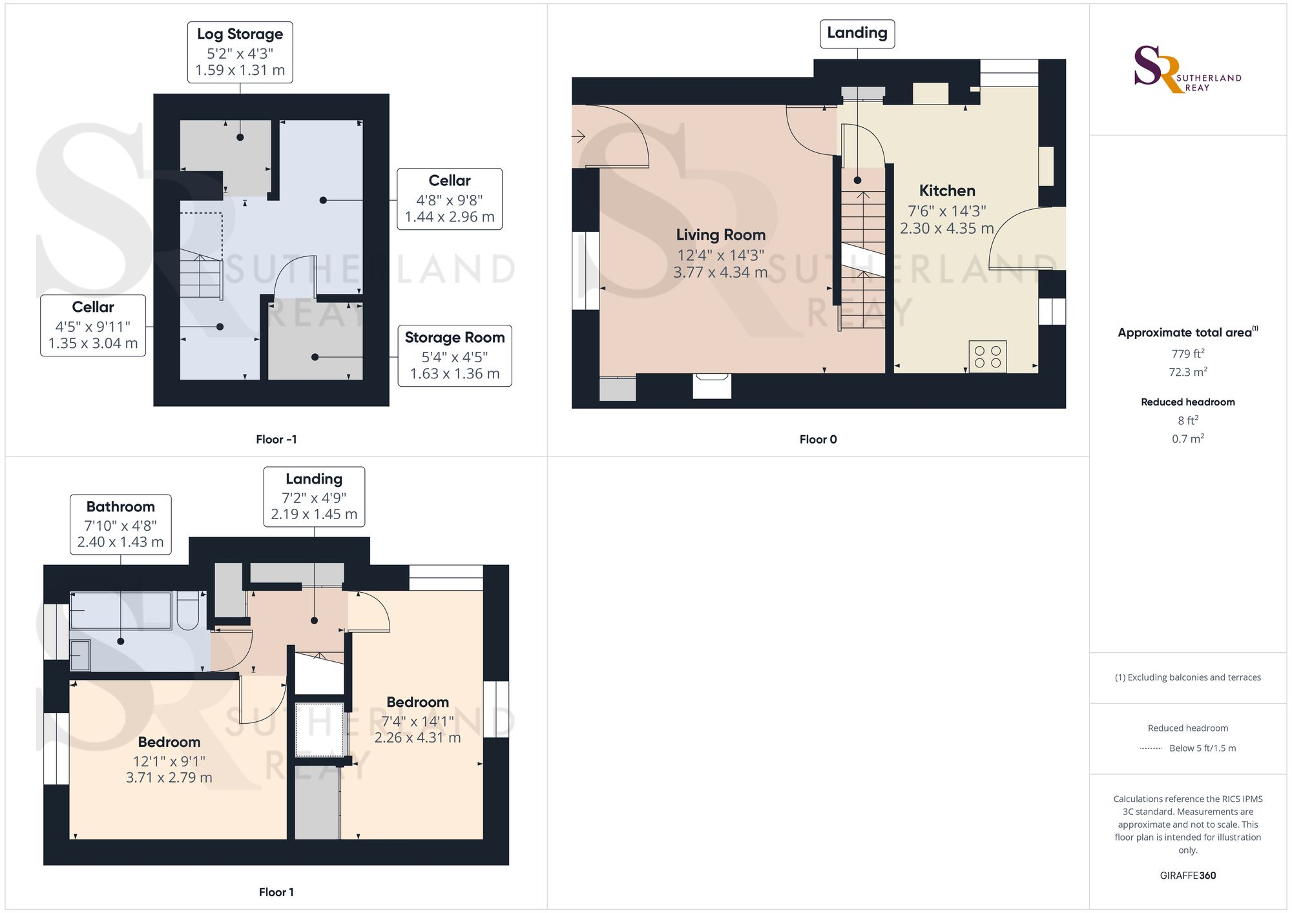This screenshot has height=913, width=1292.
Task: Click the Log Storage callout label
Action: [x=240, y=52]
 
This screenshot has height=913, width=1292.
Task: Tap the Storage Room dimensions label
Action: [x=454, y=356]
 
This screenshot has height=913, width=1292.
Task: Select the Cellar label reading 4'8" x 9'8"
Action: [x=449, y=199]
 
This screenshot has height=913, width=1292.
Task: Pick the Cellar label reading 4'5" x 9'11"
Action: [x=93, y=325]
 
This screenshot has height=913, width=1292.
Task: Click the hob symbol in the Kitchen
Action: [x=987, y=356]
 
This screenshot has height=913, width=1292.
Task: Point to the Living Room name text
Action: [x=720, y=235]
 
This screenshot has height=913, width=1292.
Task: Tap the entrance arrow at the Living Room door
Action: [x=578, y=136]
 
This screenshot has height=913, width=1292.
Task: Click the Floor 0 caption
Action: [x=818, y=440]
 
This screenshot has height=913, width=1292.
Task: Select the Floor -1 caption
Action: [x=276, y=440]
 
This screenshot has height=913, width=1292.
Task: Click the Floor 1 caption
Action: [x=276, y=892]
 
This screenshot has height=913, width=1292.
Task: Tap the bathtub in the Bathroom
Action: [x=121, y=610]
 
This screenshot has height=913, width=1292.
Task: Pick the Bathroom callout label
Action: [x=121, y=524]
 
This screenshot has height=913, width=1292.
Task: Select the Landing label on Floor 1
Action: [x=314, y=497]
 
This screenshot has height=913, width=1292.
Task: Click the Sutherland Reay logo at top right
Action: [x=1187, y=69]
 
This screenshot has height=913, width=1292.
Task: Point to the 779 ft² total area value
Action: [x=1187, y=354]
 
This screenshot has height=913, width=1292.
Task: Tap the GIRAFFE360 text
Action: [x=1187, y=876]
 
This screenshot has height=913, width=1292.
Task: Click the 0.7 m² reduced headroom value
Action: [x=1187, y=439]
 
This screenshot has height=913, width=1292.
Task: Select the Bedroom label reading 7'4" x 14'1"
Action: [x=417, y=720]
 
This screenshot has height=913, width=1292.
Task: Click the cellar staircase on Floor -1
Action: [x=201, y=274]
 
